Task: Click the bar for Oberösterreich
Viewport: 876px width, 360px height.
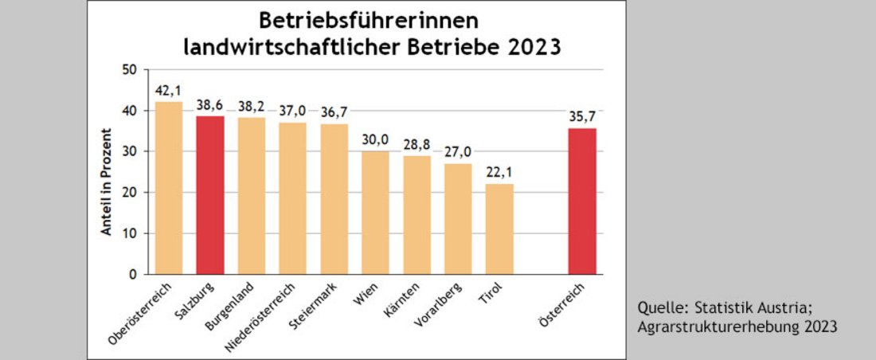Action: [169, 188]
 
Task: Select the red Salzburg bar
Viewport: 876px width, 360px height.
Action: [210, 195]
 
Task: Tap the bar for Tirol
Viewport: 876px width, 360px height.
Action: [499, 229]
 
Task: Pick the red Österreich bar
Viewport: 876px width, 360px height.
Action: [582, 201]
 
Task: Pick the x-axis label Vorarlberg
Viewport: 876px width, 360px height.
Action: [438, 311]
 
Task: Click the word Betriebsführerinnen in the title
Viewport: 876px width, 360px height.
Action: [373, 21]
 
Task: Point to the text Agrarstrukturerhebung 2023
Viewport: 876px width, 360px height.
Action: [737, 326]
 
